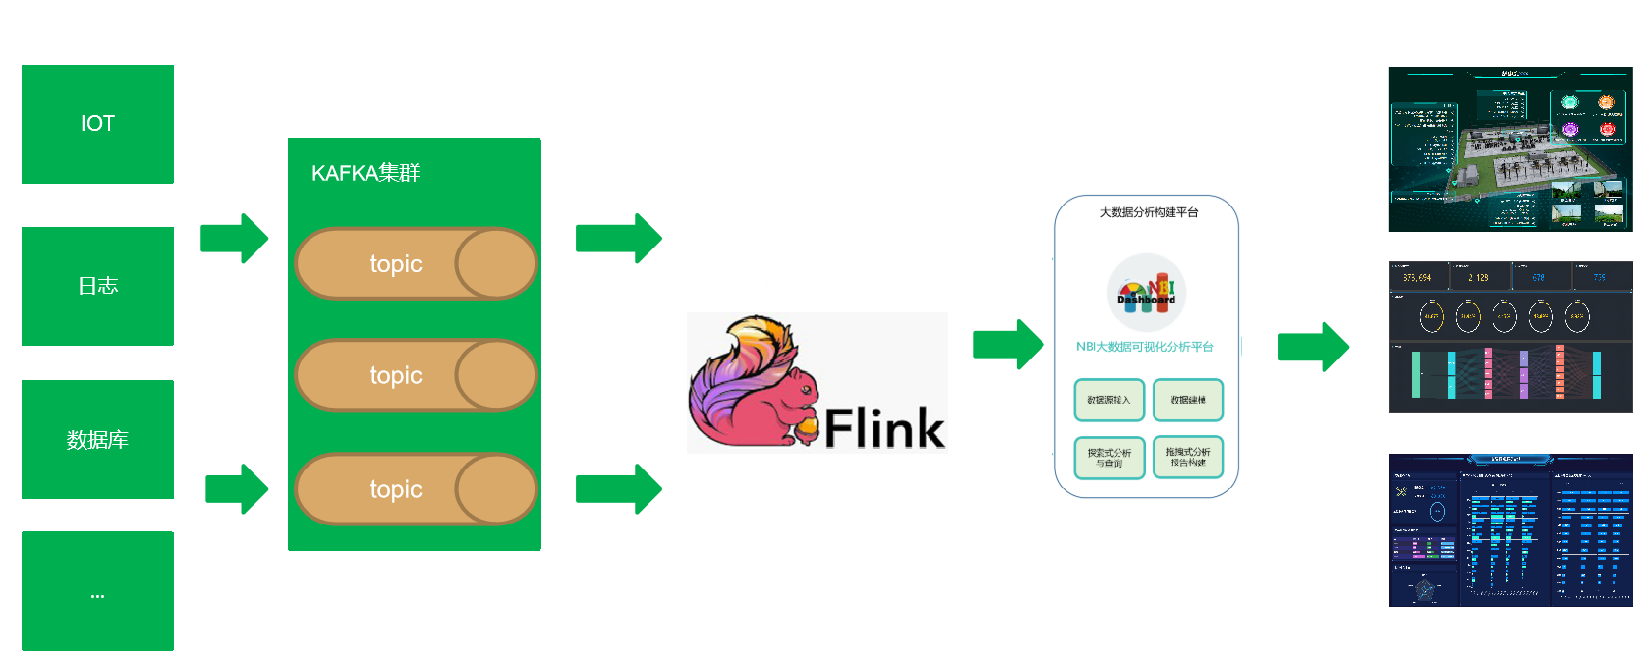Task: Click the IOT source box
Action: click(x=97, y=124)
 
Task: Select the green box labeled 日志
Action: click(x=97, y=286)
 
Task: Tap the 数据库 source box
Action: click(x=97, y=439)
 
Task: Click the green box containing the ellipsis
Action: click(x=97, y=591)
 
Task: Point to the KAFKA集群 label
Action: click(x=365, y=173)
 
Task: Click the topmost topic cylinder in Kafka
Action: click(x=415, y=263)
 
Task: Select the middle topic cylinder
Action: click(x=415, y=374)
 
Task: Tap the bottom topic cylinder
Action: click(x=415, y=488)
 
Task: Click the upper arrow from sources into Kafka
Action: click(x=234, y=239)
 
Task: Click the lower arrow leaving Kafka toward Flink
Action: click(x=618, y=488)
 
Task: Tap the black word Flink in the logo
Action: click(x=884, y=427)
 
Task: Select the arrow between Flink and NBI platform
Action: click(x=1007, y=344)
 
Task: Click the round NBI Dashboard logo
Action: click(x=1146, y=293)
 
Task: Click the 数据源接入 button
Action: click(x=1108, y=400)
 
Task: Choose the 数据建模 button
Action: click(x=1188, y=400)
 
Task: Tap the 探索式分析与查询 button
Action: click(x=1108, y=458)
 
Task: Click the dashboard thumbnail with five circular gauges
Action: click(x=1510, y=336)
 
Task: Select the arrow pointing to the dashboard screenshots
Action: click(x=1313, y=346)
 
